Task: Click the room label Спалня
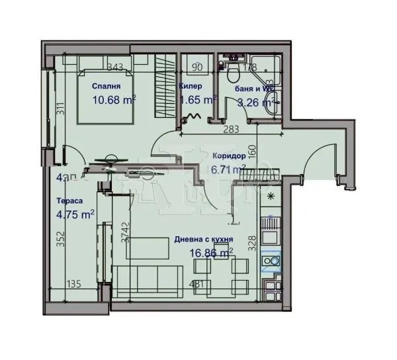pyautogui.click(x=106, y=86)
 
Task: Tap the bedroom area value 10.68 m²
pyautogui.click(x=114, y=100)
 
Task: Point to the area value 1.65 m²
pyautogui.click(x=198, y=100)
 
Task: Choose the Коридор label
pyautogui.click(x=229, y=156)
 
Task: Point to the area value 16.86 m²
pyautogui.click(x=211, y=253)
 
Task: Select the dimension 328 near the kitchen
pyautogui.click(x=251, y=244)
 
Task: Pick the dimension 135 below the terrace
pyautogui.click(x=73, y=285)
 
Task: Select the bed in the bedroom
pyautogui.click(x=106, y=93)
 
